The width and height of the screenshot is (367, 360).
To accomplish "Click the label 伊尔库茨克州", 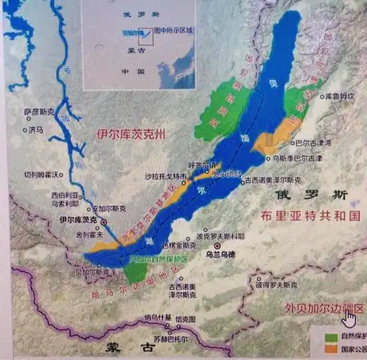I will tap(131, 135).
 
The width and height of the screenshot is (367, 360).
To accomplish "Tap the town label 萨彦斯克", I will tap(37, 113).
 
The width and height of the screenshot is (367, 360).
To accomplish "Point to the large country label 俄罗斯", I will tap(314, 194).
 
